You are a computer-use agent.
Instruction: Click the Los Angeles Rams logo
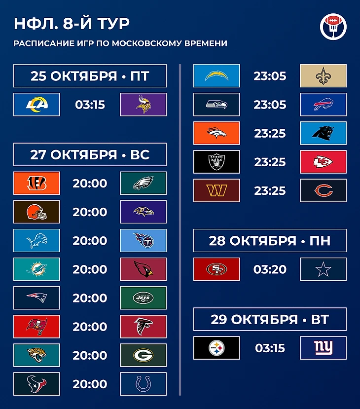coord(37,105)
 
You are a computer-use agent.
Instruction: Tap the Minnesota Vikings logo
coord(143,105)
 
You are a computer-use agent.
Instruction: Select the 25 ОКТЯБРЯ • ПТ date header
coord(90,76)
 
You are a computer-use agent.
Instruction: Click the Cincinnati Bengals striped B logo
coord(37,183)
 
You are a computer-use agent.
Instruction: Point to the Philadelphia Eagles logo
coord(143,183)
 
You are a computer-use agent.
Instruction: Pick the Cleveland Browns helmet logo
coord(37,212)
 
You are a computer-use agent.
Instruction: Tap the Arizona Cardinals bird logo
coord(143,269)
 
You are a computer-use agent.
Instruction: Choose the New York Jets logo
coord(143,298)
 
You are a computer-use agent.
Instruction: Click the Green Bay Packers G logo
coord(143,355)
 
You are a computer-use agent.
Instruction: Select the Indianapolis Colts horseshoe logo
coord(143,384)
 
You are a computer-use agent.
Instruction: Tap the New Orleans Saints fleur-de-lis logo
coord(323,76)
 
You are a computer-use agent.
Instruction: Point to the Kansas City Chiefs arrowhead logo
coord(323,162)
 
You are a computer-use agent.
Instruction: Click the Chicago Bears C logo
coord(323,190)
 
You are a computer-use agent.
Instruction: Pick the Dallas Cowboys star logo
coord(323,269)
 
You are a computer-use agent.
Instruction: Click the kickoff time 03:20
coord(270,269)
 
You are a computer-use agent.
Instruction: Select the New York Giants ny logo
coord(323,348)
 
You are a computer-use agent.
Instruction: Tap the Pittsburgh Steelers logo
coord(216,348)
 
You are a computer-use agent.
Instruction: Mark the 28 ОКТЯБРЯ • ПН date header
coord(270,240)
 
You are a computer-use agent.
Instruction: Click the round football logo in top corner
coord(333,27)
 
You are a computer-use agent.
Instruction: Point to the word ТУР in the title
coord(113,24)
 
